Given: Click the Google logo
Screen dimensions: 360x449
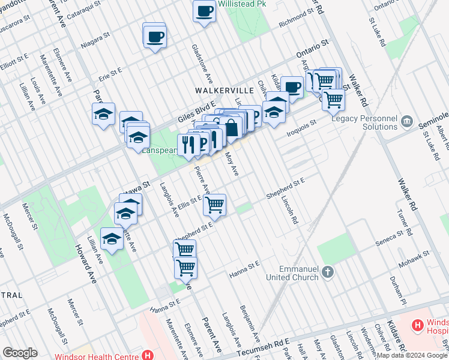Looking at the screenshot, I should pyautogui.click(x=20, y=353).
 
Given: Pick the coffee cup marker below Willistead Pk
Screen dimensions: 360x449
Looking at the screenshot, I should pyautogui.click(x=204, y=11).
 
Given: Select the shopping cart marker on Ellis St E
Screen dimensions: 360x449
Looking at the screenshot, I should pyautogui.click(x=214, y=206).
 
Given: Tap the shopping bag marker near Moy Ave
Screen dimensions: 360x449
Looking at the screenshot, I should pyautogui.click(x=231, y=127).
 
